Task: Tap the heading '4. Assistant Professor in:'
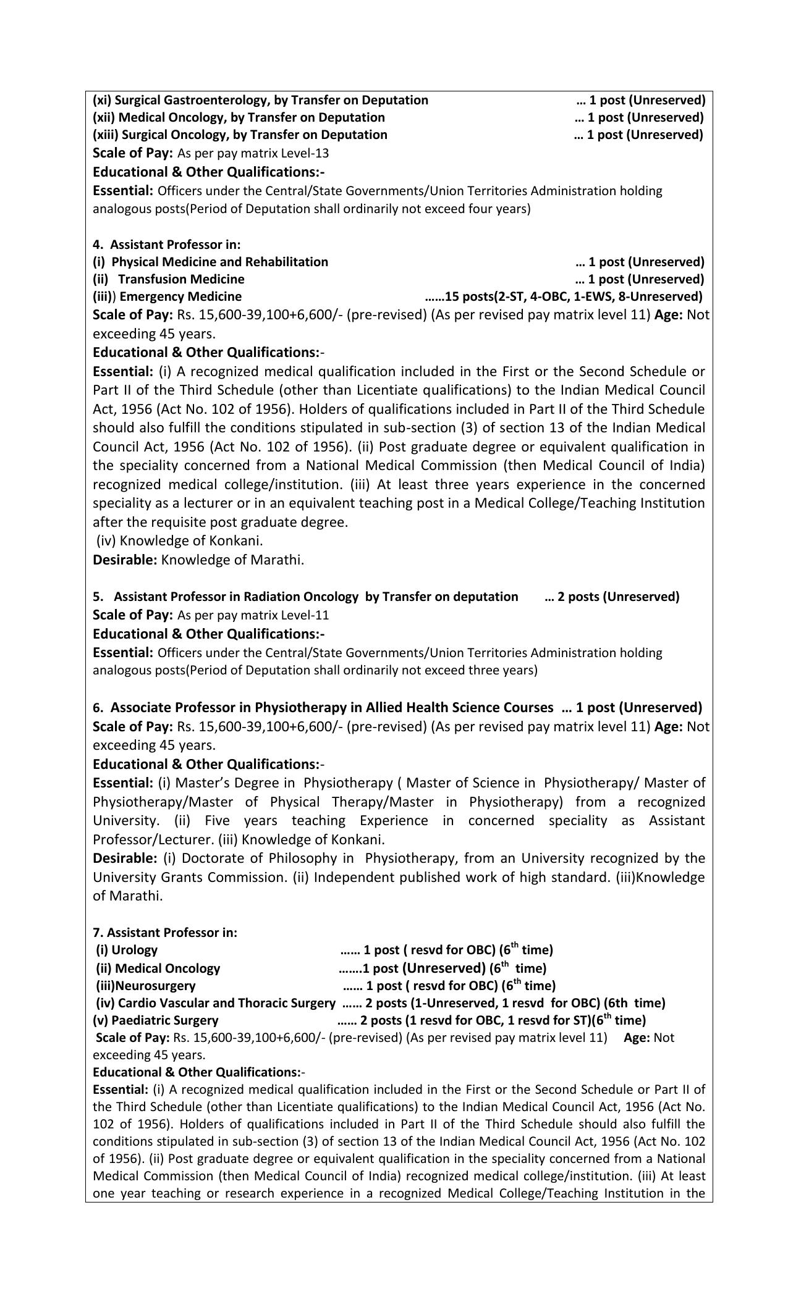167,245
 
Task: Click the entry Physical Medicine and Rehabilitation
219,262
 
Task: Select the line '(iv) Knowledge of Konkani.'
180,541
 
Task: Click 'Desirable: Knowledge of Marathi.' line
198,560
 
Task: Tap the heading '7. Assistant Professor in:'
165,932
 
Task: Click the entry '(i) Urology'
127,950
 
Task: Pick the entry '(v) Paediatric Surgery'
156,1020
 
